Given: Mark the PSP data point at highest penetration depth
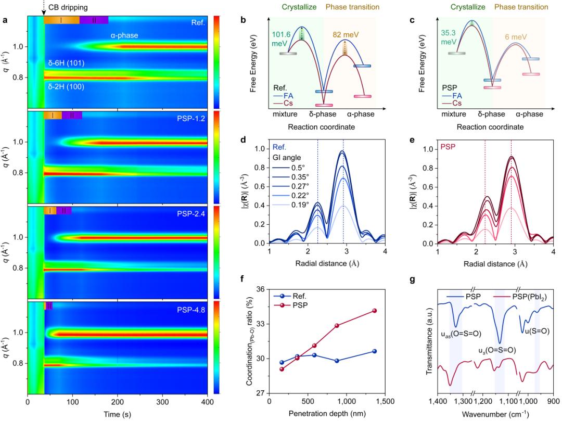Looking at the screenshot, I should (374, 311).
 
